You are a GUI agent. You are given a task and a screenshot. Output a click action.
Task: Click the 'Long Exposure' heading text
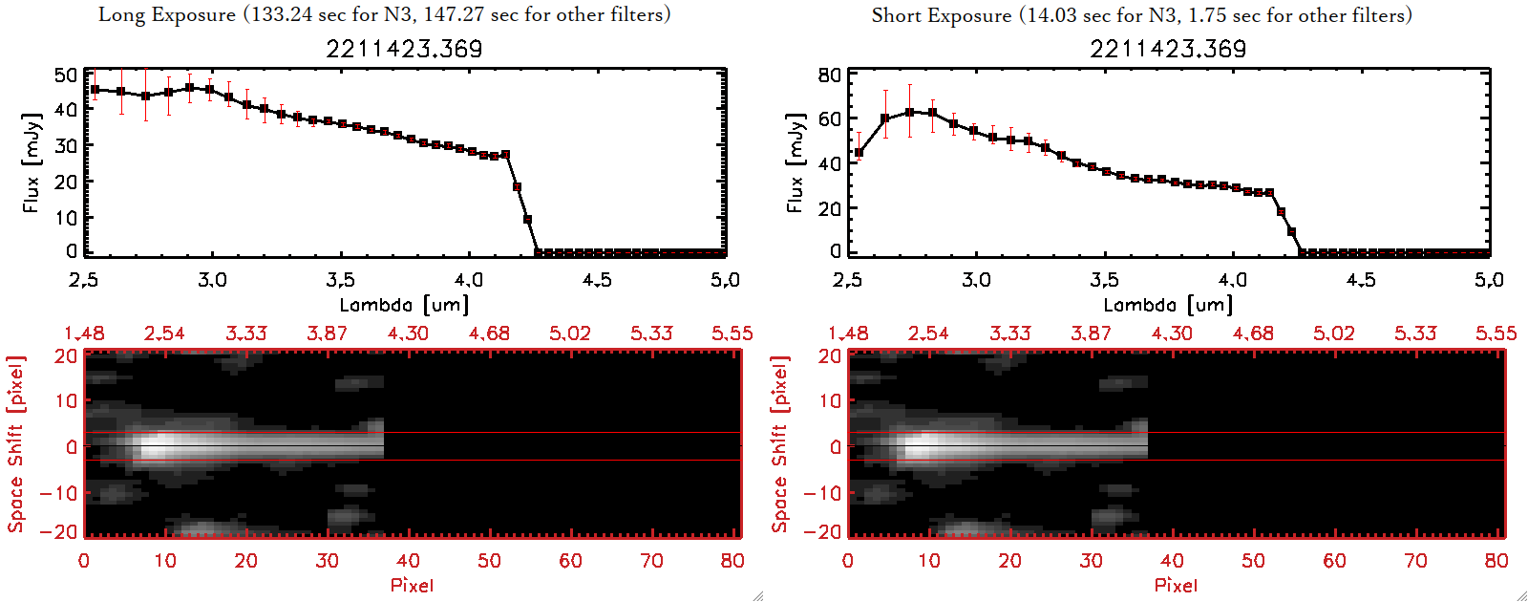click(x=167, y=14)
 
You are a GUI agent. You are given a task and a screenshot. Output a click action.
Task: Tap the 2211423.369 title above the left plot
click(x=404, y=49)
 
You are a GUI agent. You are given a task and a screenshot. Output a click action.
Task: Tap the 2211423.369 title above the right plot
click(x=1168, y=49)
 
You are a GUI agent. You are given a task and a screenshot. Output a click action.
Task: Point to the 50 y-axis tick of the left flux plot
click(x=66, y=75)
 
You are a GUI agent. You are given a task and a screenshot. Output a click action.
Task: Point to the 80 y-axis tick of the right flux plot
click(x=830, y=75)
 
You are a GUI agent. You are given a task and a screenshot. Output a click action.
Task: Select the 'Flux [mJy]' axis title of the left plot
click(x=32, y=162)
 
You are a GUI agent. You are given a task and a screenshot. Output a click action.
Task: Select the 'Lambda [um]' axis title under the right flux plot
click(x=1168, y=305)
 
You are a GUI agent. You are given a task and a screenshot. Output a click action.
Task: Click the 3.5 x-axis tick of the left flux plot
click(x=340, y=280)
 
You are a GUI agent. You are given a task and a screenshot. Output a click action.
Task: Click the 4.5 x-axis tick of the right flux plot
click(x=1361, y=280)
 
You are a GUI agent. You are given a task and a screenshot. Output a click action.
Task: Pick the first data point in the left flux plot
click(x=95, y=90)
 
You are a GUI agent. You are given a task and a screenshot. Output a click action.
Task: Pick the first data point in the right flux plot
click(x=859, y=153)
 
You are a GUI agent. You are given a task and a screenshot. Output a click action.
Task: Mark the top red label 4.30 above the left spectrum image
click(x=408, y=333)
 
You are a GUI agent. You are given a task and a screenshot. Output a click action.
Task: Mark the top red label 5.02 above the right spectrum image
click(x=1333, y=333)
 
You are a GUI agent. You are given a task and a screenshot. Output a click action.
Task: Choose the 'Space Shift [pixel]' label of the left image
click(x=15, y=444)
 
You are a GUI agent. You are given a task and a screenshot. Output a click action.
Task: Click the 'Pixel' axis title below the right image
click(x=1176, y=585)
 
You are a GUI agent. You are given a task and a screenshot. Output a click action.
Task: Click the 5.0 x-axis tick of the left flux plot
click(x=725, y=280)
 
